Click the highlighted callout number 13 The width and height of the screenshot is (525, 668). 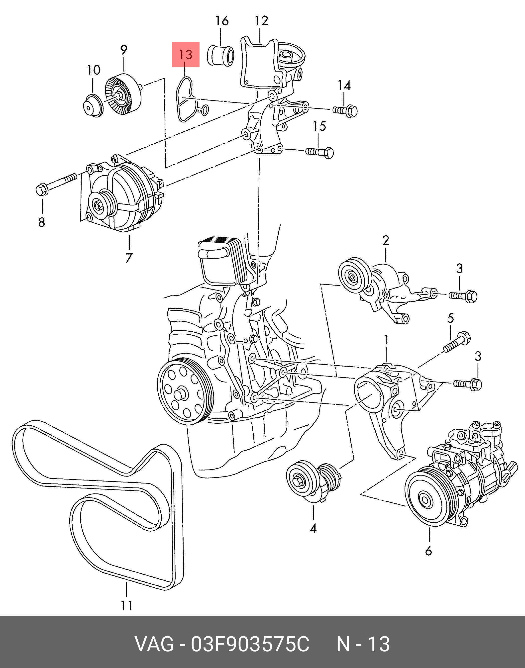point(186,55)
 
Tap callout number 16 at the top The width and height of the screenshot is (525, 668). point(222,21)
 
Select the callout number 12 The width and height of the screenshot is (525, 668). point(261,21)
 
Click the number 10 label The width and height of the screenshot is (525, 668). point(94,70)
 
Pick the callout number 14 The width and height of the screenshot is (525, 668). point(344,86)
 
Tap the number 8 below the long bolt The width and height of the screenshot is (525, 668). point(42,222)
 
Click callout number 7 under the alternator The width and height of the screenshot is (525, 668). point(129,258)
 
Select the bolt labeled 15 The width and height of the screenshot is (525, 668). point(320,152)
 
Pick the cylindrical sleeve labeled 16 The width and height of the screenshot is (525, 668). point(221,56)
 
